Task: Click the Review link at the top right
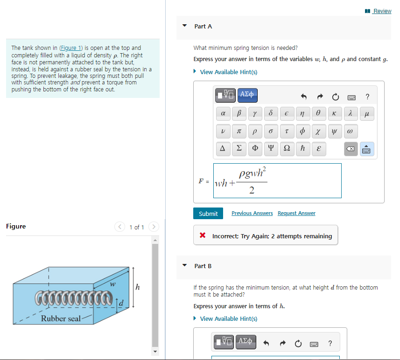(x=382, y=11)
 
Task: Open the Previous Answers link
(x=252, y=213)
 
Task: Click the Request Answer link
(x=296, y=213)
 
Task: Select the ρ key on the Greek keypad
(x=255, y=132)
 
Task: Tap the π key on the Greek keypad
(x=239, y=132)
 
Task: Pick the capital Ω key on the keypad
(x=287, y=149)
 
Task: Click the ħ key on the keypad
(x=303, y=149)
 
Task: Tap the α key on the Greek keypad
(x=223, y=113)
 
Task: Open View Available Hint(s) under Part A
(x=228, y=72)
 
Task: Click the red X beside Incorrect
(x=203, y=236)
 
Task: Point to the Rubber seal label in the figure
(x=61, y=318)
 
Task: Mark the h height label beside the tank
(x=137, y=287)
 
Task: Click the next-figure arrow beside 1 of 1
(x=154, y=227)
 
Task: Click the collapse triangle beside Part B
(x=184, y=266)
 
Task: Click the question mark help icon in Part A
(x=368, y=97)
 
